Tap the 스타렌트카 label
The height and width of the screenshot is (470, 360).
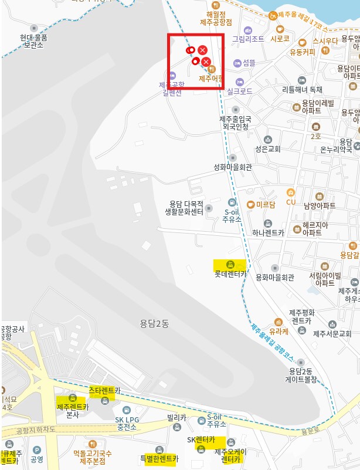pos(104,390)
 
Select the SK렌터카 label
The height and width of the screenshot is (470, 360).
pos(201,439)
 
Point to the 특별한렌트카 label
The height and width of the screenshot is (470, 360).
pos(158,458)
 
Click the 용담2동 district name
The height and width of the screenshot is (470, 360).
pos(154,322)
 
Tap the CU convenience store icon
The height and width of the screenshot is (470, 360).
pos(290,202)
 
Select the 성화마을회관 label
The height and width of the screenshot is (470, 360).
pos(232,167)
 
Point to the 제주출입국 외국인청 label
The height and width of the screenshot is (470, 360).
pos(235,122)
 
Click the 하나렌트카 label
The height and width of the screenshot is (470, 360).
pos(267,232)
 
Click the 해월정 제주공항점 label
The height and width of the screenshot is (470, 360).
pos(216,18)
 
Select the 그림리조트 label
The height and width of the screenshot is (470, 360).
pos(248,39)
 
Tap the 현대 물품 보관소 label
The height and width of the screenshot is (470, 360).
pos(33,40)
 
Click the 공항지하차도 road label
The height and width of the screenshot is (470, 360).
pos(35,430)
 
